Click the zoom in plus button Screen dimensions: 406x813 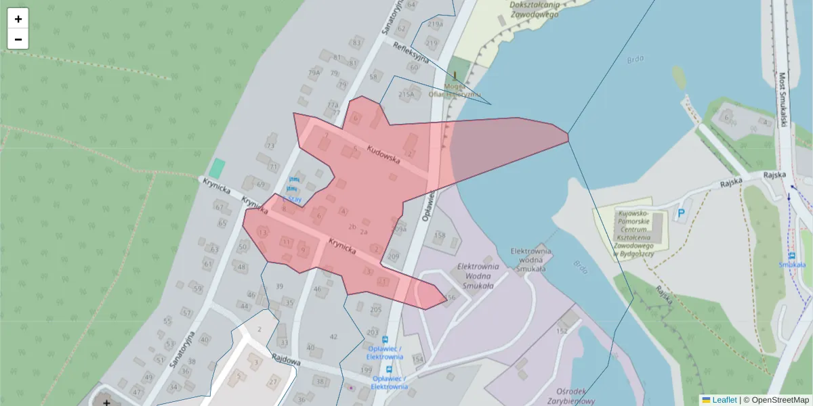click(x=18, y=19)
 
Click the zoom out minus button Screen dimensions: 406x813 click(x=18, y=39)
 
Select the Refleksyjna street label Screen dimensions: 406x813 click(x=411, y=51)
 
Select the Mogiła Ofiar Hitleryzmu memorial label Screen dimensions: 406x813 click(x=454, y=91)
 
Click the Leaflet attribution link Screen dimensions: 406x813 click(x=724, y=400)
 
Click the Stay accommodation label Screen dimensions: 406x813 click(x=294, y=200)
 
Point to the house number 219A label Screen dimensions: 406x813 click(x=435, y=24)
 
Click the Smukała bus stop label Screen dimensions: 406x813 click(x=791, y=265)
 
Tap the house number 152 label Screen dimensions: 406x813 click(x=562, y=331)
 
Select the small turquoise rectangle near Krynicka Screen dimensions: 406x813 click(x=217, y=168)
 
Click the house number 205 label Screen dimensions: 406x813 click(x=376, y=309)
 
